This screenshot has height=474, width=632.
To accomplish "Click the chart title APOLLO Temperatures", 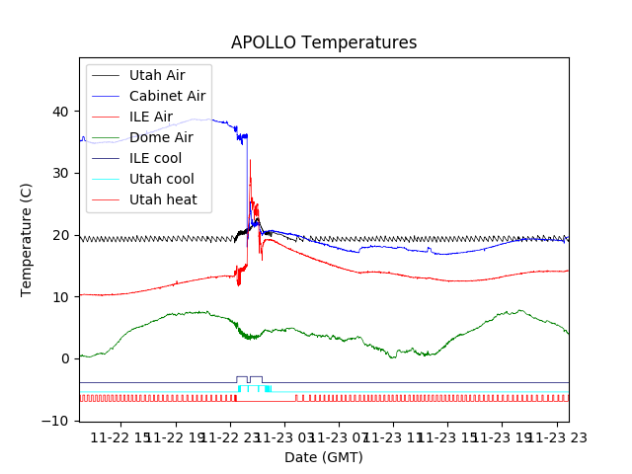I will coord(324,43).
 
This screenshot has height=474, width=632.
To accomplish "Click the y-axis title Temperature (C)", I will coord(28,239).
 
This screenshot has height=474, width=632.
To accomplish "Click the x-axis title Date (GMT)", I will coord(324,457).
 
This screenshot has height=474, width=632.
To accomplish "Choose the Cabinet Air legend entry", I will coord(167,96).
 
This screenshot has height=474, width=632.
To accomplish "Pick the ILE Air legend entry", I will coord(151,117).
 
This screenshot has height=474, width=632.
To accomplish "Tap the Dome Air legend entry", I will coord(161,137).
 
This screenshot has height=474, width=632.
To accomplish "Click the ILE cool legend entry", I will coord(155,158).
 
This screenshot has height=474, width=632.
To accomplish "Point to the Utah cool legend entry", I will coord(162,179).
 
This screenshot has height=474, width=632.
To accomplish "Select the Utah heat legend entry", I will coord(163,199).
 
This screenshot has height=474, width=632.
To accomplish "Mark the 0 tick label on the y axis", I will coord(67,358).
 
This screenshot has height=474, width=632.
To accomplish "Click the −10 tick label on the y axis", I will coord(59,421).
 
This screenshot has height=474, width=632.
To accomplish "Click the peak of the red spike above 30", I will coord(250,160).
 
